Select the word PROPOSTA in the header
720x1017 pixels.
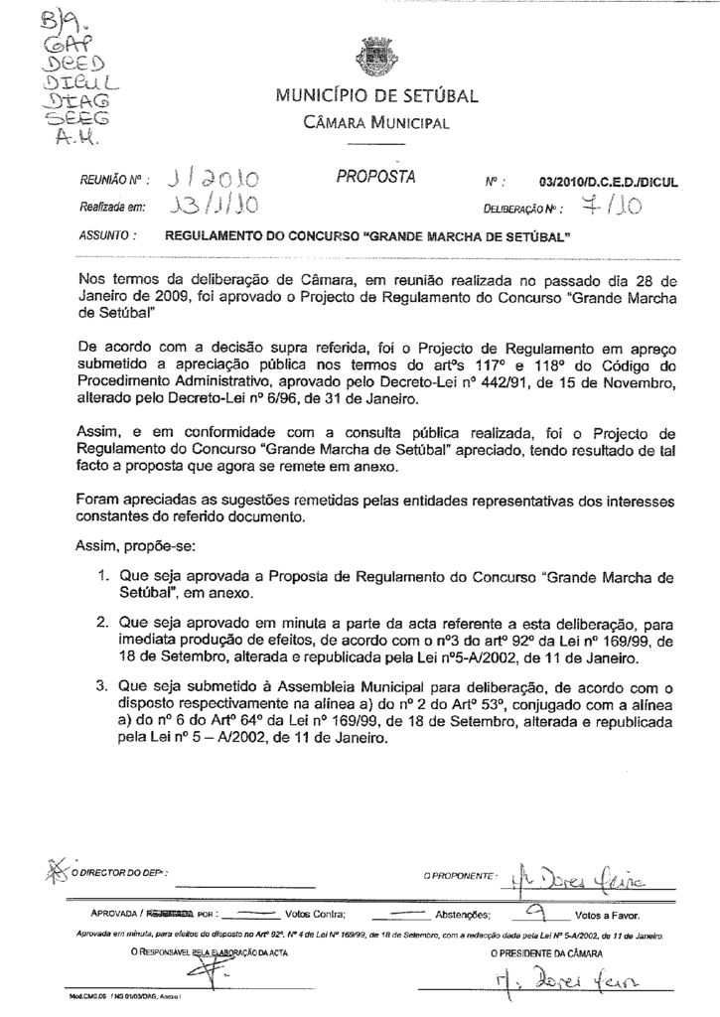(x=374, y=178)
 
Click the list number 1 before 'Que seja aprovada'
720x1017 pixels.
(x=103, y=576)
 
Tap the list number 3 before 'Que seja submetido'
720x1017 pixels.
(x=103, y=685)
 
